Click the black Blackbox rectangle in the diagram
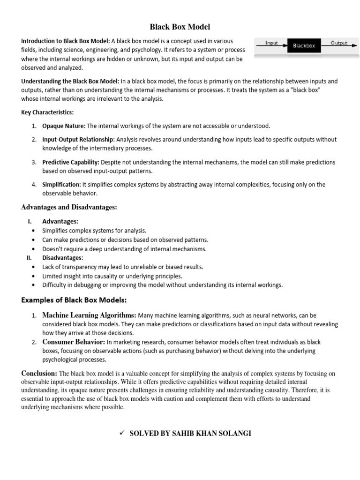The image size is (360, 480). pos(304,45)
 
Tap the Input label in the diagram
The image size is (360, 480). pos(271,43)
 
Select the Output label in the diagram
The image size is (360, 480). pos(339,43)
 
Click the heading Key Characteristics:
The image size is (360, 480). pos(47,112)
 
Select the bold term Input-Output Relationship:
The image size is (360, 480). pos(78,140)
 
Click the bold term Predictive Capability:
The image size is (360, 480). pos(70,162)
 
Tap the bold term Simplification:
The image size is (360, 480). pos(61,185)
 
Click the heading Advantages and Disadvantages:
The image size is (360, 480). pos(69,207)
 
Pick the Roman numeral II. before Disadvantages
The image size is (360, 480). pos(29,258)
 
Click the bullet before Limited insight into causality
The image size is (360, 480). pos(32,276)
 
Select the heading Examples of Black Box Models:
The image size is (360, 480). pos(74,300)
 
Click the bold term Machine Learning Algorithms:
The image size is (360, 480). pos(89,315)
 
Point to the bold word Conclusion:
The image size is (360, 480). pos(39,373)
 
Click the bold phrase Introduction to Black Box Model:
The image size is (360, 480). pos(65,41)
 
